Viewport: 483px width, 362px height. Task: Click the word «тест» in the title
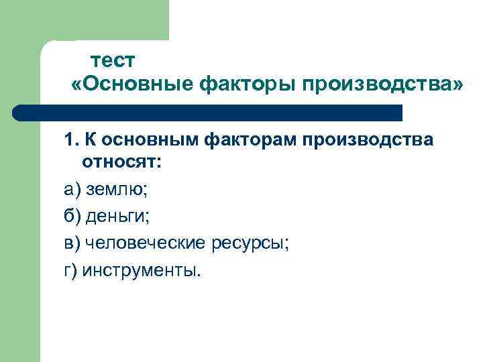113,60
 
